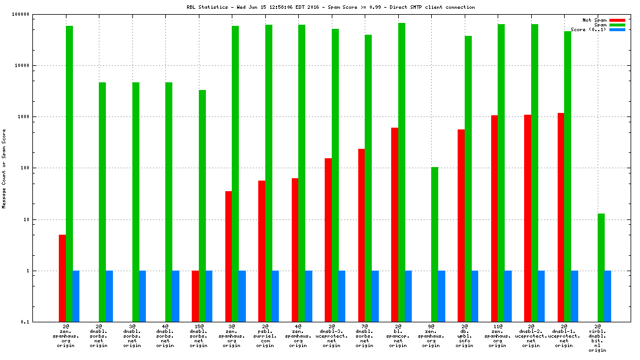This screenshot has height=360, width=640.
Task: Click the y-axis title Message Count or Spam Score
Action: (4, 169)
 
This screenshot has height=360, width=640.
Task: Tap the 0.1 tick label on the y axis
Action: (24, 322)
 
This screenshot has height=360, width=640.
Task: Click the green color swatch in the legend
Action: (617, 25)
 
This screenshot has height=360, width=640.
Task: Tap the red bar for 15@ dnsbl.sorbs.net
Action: (195, 296)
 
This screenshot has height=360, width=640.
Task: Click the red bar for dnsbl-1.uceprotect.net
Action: (561, 218)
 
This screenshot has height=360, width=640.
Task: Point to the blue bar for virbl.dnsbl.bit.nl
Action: (608, 296)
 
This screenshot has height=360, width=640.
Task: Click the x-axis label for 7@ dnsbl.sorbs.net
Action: (365, 335)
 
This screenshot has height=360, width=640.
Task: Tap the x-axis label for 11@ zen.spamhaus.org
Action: (498, 335)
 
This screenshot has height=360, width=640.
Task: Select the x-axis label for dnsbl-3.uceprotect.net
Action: (332, 335)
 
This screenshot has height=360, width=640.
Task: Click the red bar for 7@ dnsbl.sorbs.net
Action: (361, 235)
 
